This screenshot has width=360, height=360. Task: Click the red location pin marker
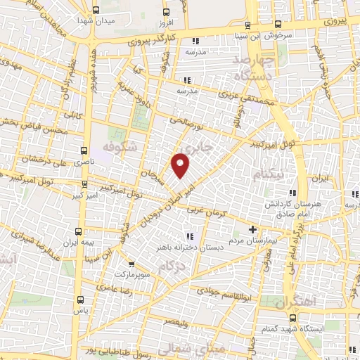[x=181, y=165]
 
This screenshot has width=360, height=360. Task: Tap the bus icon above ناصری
[x=84, y=150]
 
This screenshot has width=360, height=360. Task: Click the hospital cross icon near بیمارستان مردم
[x=255, y=229]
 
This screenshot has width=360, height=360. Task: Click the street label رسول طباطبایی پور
[x=117, y=347]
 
